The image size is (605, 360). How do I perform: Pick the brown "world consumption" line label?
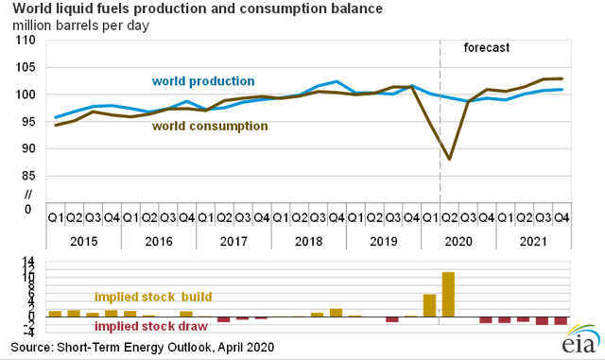click(x=210, y=125)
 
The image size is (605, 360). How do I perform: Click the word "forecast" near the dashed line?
click(x=488, y=47)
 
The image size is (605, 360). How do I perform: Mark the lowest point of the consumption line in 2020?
click(x=449, y=160)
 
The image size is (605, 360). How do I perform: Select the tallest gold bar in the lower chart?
click(x=448, y=294)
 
